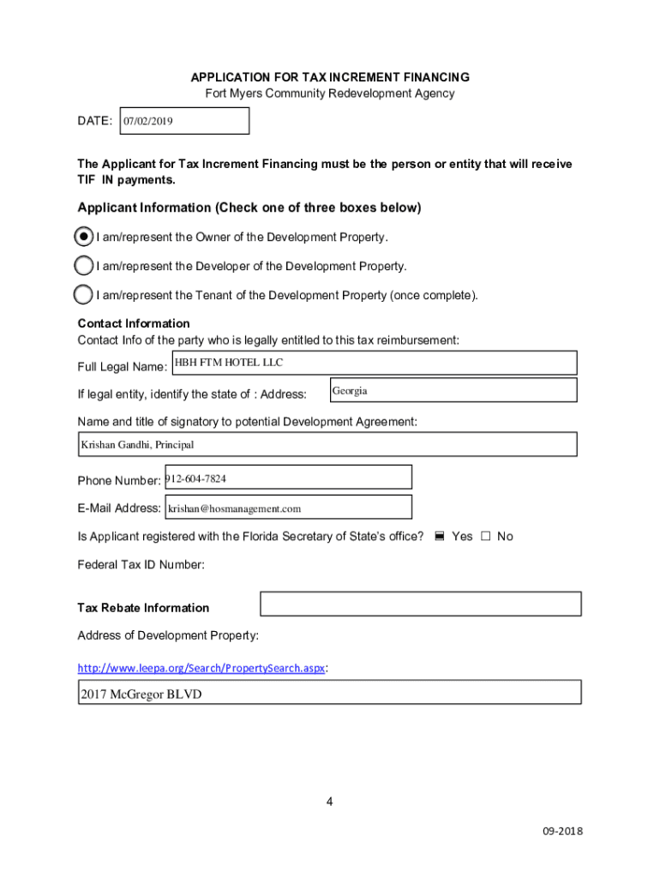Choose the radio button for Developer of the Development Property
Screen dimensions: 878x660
coord(84,266)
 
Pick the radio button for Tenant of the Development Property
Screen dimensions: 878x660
coord(84,295)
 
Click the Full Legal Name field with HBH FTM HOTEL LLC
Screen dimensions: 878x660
coord(374,363)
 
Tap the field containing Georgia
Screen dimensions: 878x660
coord(453,390)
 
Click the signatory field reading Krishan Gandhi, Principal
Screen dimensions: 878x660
coord(327,444)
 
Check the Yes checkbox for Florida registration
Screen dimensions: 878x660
coord(439,537)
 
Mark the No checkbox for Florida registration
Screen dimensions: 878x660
coord(485,537)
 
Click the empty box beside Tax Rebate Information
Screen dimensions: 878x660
coord(420,604)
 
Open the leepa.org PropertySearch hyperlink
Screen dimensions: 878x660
coord(201,668)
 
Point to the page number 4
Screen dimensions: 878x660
coord(329,802)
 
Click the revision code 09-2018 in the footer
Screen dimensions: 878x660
coord(562,832)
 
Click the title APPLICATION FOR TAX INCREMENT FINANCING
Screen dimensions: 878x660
coord(330,77)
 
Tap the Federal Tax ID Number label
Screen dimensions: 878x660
coord(141,565)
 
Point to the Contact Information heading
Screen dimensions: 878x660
coord(134,323)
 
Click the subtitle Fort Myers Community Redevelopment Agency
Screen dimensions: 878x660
coord(329,93)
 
